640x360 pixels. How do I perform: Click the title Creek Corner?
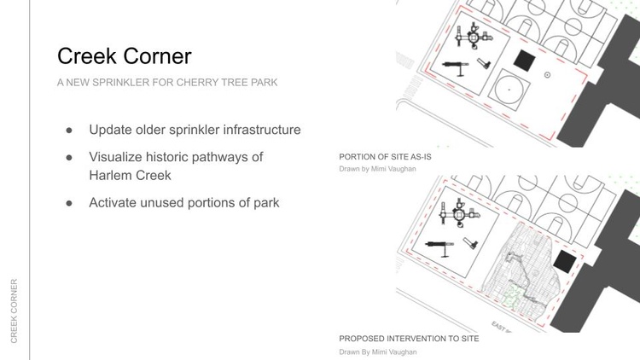[124, 56]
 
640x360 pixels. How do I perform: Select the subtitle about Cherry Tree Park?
[167, 83]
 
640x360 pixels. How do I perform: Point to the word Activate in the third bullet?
[113, 203]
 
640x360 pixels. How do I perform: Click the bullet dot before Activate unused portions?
[69, 203]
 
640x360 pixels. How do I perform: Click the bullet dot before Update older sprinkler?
[69, 131]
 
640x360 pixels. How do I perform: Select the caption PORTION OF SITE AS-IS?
[385, 157]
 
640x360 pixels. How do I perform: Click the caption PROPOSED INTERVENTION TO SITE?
[409, 339]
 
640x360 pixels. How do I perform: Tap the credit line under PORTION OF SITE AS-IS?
[377, 169]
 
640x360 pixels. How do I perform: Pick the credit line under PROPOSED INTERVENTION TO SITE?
[378, 351]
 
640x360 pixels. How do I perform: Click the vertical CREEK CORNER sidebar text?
[14, 311]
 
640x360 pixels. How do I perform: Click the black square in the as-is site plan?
[525, 61]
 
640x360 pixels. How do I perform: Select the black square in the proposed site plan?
[565, 262]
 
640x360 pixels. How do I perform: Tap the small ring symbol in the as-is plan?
[547, 75]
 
